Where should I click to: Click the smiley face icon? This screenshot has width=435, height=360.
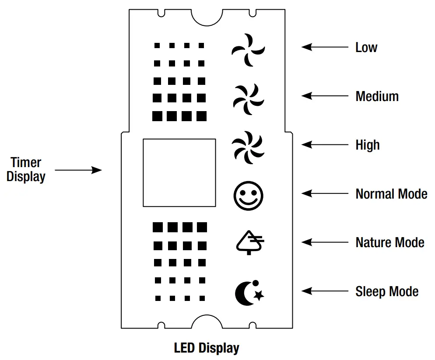tap(248, 196)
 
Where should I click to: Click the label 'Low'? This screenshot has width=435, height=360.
tap(366, 47)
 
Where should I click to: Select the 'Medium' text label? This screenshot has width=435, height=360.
tap(377, 96)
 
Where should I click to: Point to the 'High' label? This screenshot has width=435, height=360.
tap(368, 145)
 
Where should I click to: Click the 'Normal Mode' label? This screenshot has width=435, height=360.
tap(391, 194)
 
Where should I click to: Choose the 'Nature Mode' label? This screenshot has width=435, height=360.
tap(390, 242)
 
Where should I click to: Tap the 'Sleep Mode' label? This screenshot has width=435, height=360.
tap(387, 291)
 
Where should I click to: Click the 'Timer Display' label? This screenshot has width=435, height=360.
tap(26, 170)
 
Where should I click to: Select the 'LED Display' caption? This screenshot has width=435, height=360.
tap(207, 348)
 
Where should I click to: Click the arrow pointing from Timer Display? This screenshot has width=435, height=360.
tap(78, 170)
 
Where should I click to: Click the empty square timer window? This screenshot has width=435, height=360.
tap(179, 173)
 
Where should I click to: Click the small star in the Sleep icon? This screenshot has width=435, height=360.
tap(259, 296)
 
